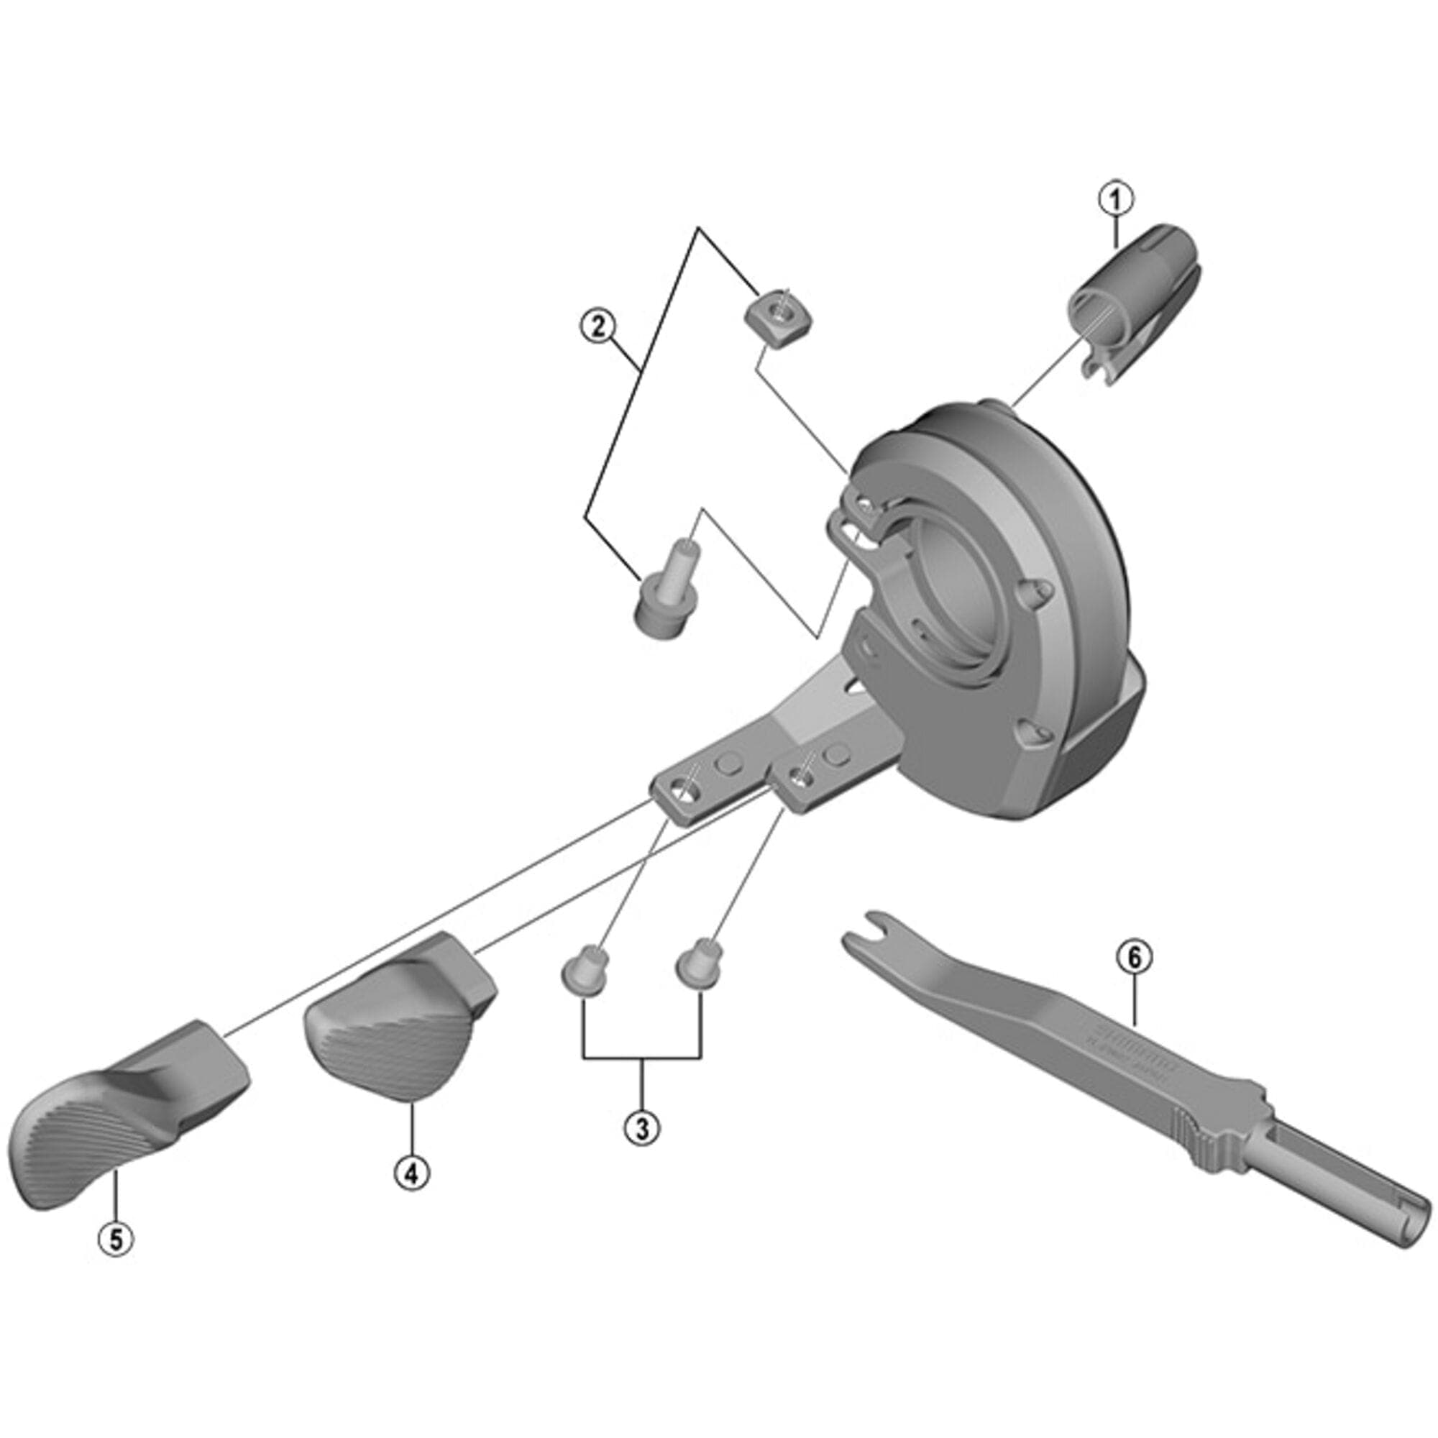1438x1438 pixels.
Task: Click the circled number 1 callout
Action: (x=1116, y=198)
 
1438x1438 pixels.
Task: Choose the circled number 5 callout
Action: (x=116, y=1240)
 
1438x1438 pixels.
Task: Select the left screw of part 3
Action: (x=585, y=971)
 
